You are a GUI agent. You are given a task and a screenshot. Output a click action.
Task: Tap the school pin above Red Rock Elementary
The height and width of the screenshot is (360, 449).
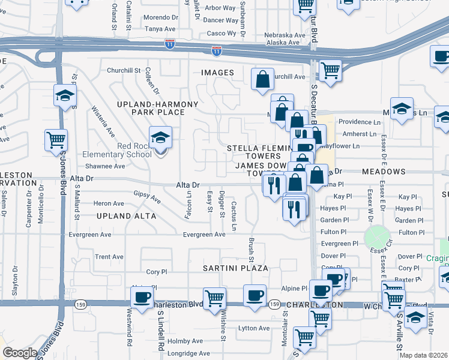point(160,139)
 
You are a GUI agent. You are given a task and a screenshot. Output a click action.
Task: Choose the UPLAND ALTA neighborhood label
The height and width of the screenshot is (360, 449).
point(125,215)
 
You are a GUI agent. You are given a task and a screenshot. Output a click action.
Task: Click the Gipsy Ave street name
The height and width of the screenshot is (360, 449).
point(147,197)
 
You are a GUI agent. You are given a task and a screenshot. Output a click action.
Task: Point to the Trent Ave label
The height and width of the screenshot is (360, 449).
point(109,257)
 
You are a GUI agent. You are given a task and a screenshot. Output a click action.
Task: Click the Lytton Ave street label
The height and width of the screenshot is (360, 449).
point(255,328)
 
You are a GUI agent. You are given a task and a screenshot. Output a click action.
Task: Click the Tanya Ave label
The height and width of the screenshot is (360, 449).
point(160,28)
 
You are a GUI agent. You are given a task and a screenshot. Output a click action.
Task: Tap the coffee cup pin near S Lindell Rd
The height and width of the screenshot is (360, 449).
point(142,298)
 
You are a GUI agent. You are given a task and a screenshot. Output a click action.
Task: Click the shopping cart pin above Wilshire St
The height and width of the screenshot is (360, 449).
point(214,298)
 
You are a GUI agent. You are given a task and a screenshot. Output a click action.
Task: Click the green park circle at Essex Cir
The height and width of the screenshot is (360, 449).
point(376,237)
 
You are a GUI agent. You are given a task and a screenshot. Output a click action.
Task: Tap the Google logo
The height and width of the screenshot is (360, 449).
point(20,353)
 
